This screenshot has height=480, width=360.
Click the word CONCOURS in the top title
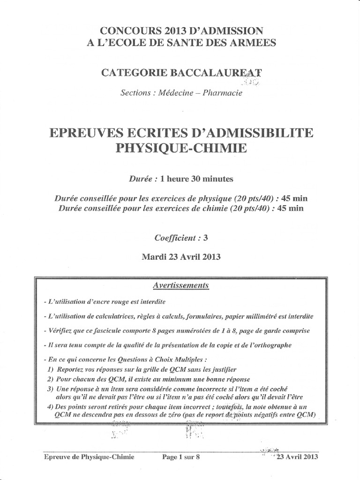tap(125, 31)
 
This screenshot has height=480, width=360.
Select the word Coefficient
tap(175, 238)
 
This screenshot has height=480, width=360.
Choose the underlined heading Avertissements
tap(181, 285)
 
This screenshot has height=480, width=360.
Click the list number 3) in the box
tap(51, 389)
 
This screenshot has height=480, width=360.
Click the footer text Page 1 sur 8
tap(181, 457)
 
